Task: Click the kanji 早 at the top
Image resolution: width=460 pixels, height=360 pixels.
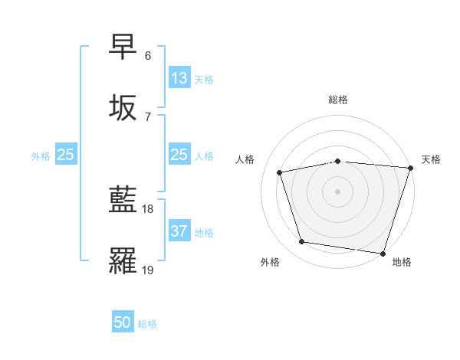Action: [x=123, y=47]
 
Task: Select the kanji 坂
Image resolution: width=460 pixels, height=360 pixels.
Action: [x=123, y=107]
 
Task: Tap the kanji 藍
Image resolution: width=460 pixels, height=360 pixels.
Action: [x=123, y=201]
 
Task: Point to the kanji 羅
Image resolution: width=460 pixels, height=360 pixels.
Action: [x=123, y=260]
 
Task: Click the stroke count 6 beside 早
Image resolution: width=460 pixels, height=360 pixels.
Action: [x=147, y=56]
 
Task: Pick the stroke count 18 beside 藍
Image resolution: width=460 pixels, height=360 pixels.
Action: [x=148, y=209]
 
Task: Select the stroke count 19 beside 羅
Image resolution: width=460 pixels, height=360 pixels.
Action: [x=148, y=269]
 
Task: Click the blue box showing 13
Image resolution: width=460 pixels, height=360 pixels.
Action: [x=179, y=79]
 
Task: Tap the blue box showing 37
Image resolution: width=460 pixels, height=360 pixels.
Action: [x=179, y=232]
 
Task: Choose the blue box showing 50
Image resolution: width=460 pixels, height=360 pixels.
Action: [x=123, y=322]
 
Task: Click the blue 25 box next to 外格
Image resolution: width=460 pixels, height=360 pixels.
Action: [x=66, y=155]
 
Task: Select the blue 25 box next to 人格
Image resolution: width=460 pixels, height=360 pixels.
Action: [x=179, y=155]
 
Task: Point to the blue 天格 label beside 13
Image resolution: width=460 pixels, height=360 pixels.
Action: [x=204, y=80]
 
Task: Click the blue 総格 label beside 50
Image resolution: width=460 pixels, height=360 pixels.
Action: [x=148, y=323]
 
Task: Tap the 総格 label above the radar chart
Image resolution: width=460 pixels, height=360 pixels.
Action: [x=338, y=100]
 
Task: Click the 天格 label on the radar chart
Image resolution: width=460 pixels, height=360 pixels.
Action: [x=431, y=159]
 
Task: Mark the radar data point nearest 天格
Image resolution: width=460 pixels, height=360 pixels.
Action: [x=410, y=168]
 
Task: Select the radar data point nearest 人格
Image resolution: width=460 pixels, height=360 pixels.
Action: [x=280, y=172]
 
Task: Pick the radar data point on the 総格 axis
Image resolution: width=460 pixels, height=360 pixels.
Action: [x=338, y=161]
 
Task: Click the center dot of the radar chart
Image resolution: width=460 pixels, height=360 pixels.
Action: [x=338, y=191]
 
